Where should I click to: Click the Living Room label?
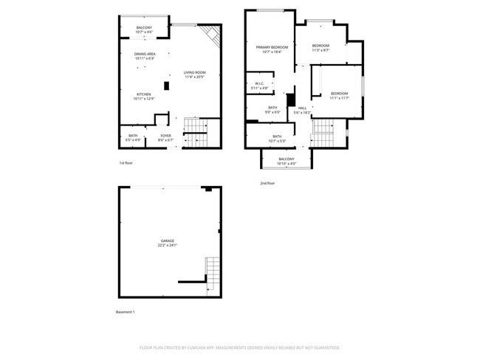(x=194, y=74)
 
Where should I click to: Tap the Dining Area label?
(x=145, y=56)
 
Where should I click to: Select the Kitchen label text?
(x=144, y=96)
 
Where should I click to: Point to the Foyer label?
(x=166, y=137)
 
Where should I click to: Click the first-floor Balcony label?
(x=145, y=30)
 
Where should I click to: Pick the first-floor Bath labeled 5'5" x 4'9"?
(x=133, y=137)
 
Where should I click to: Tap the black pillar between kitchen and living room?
(x=167, y=86)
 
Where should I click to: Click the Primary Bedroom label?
(x=269, y=49)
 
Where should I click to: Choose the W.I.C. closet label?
(x=260, y=86)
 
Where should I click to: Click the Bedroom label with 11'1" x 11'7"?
(x=339, y=95)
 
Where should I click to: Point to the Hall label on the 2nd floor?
(x=302, y=111)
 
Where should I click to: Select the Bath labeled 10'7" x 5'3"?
(x=277, y=138)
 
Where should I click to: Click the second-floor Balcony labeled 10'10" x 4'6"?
(x=286, y=161)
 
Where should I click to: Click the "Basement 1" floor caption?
(x=126, y=312)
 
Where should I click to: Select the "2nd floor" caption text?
(x=268, y=182)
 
